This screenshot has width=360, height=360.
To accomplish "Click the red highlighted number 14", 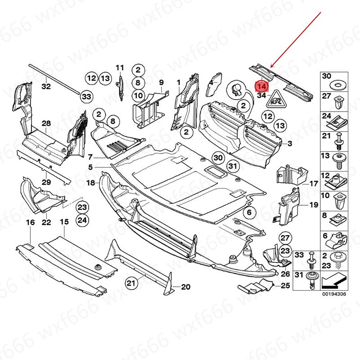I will click(262, 85).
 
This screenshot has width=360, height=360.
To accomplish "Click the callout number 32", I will click(46, 85).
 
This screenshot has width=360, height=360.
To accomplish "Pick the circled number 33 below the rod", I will click(86, 96).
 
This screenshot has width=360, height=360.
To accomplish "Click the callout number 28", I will click(46, 123).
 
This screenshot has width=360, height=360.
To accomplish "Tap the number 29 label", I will click(46, 182).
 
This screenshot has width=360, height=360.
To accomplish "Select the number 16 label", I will click(30, 222).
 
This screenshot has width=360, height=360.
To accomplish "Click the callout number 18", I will click(90, 183).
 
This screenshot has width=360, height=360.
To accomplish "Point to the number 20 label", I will click(186, 287).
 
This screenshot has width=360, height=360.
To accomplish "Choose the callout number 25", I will click(285, 286).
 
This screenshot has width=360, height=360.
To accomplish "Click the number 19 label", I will click(314, 205).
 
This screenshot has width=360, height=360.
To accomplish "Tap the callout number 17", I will click(314, 183).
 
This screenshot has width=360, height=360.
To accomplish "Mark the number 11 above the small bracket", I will click(119, 67).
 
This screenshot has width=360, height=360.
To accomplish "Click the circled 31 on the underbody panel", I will click(232, 166).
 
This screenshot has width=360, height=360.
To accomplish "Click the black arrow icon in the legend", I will click(333, 280).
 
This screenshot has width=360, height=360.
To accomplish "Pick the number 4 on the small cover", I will click(211, 82).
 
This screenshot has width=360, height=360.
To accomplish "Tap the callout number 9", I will click(161, 82).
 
